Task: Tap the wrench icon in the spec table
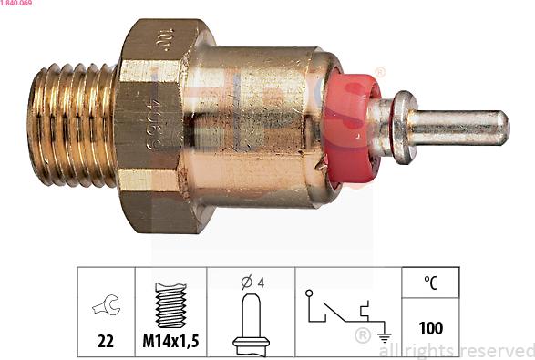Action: [x=106, y=306]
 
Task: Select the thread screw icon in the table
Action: [x=170, y=304]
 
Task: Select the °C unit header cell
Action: [x=430, y=283]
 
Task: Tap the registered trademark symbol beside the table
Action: [x=362, y=335]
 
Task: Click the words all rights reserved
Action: [x=456, y=350]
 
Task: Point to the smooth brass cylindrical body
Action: [x=264, y=118]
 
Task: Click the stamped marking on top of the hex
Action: [x=164, y=38]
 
